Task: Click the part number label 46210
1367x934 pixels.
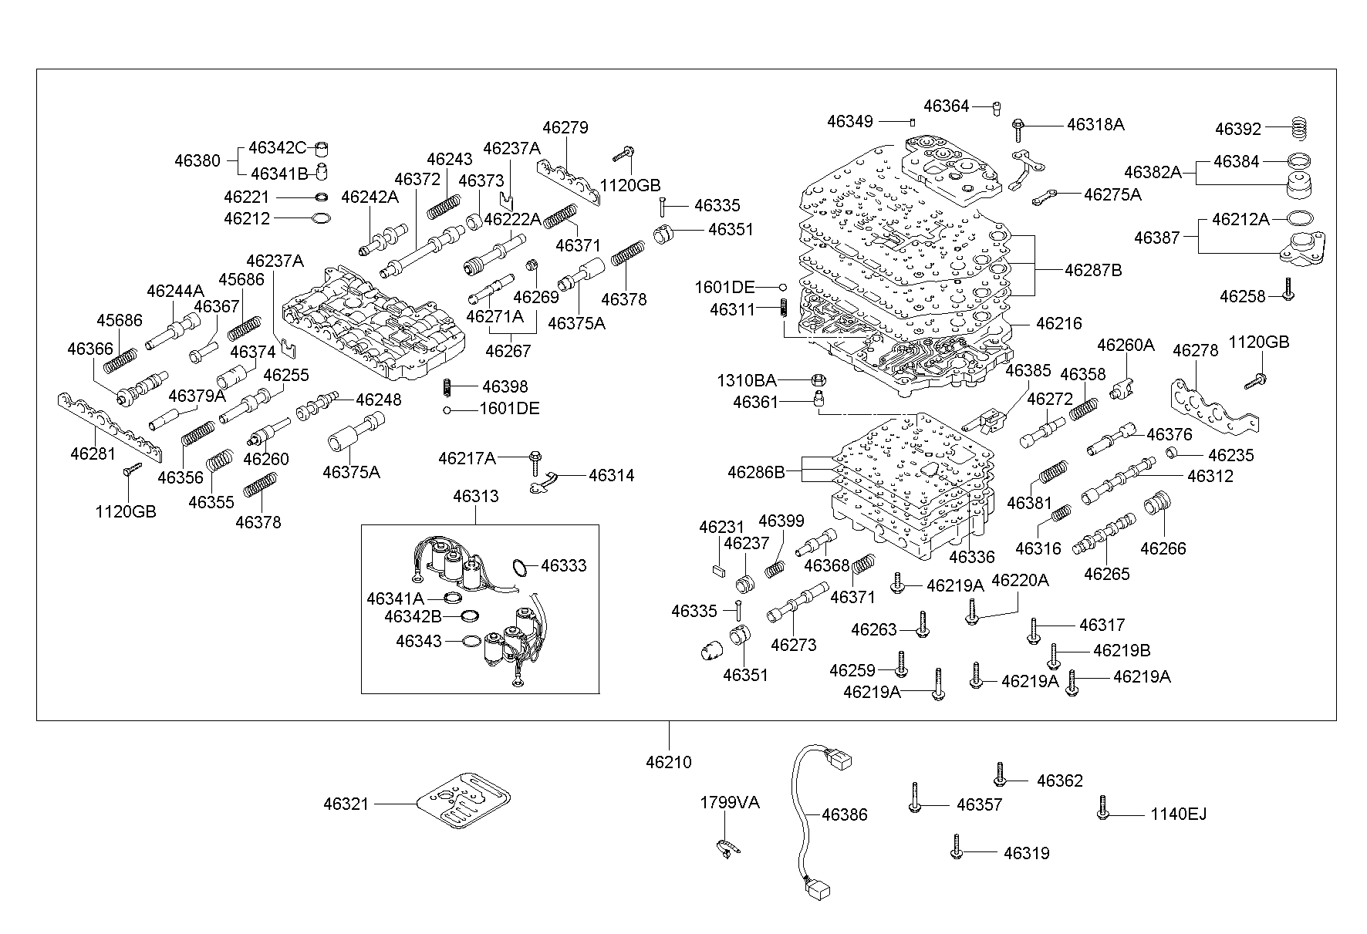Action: pyautogui.click(x=669, y=762)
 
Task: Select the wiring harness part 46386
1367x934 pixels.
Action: pyautogui.click(x=802, y=818)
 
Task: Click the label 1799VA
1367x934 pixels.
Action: pyautogui.click(x=729, y=803)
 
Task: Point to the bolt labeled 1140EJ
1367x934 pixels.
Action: pyautogui.click(x=1102, y=808)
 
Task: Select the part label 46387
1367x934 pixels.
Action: pyautogui.click(x=1156, y=238)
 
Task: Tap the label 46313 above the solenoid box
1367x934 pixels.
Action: pyautogui.click(x=475, y=496)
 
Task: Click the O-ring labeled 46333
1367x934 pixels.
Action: pyautogui.click(x=521, y=568)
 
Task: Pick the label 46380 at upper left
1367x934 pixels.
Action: pyautogui.click(x=197, y=161)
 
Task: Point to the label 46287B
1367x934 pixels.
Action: pyautogui.click(x=1093, y=271)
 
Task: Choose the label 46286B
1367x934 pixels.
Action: pyautogui.click(x=755, y=472)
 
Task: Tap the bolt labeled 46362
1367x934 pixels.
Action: pyautogui.click(x=1000, y=774)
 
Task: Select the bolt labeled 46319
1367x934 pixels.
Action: pyautogui.click(x=957, y=846)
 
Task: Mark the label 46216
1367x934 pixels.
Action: pyautogui.click(x=1058, y=323)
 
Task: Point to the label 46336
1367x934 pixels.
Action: pyautogui.click(x=971, y=557)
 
